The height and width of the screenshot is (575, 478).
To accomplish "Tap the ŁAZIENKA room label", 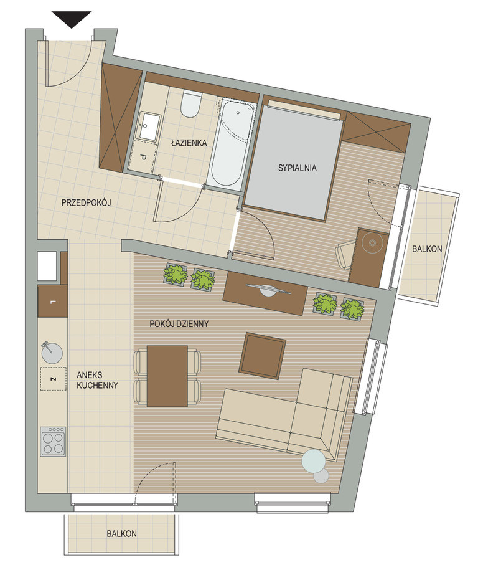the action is click(x=189, y=143).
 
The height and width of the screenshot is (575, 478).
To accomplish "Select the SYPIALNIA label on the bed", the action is click(x=297, y=168).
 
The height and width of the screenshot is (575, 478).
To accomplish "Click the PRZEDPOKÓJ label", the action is click(x=86, y=202).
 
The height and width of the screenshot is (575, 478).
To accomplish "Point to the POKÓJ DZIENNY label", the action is click(x=179, y=324).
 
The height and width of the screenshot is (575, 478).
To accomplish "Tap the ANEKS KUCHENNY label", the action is click(x=98, y=380).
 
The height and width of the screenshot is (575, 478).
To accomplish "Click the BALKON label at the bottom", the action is click(x=121, y=533).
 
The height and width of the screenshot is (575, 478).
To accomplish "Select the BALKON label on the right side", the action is click(x=427, y=249).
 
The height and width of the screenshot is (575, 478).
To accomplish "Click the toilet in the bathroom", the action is click(x=191, y=104).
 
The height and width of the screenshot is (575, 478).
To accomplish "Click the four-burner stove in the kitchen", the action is click(x=54, y=442).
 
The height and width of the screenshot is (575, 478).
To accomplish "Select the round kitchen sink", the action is click(x=52, y=353).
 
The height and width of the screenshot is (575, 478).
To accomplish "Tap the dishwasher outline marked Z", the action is click(x=53, y=379).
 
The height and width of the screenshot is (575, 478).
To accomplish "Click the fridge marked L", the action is click(x=53, y=302).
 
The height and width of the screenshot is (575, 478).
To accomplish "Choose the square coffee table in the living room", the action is click(x=263, y=355).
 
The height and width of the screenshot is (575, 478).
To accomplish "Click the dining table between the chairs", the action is click(x=167, y=376).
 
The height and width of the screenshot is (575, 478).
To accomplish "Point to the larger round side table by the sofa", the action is click(x=314, y=460).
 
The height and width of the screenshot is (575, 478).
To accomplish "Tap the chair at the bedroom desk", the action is click(x=344, y=255).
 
